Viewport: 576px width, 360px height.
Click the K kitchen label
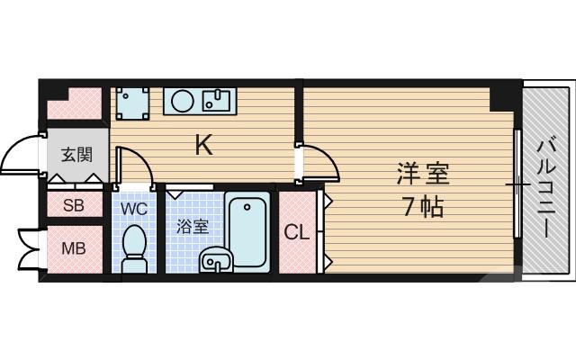(x=204, y=144)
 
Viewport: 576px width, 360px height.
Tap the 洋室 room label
(x=421, y=172)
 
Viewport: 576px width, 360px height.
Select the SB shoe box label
(x=73, y=205)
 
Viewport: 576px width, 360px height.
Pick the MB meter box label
(x=73, y=247)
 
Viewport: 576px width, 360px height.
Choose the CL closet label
(x=297, y=232)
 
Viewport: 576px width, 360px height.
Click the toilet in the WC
(x=135, y=247)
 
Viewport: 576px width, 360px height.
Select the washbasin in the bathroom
(x=217, y=259)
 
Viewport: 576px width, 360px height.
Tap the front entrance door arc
(x=22, y=154)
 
